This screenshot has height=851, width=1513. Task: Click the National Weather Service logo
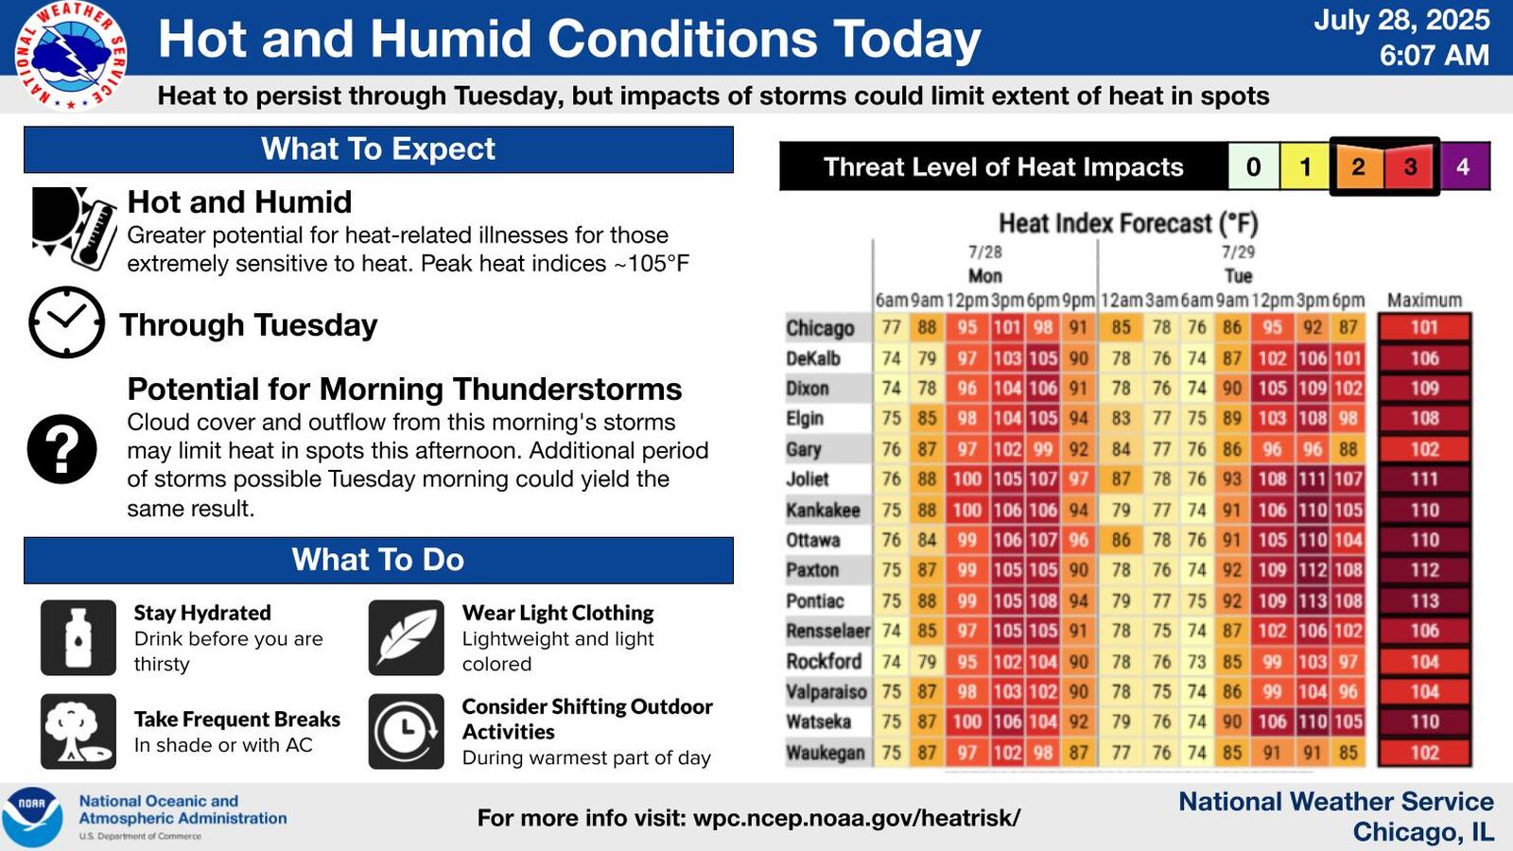click(71, 55)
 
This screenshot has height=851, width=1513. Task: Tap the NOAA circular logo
click(32, 816)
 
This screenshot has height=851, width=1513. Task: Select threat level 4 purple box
click(1463, 167)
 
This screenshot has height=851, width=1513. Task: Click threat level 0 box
click(1253, 167)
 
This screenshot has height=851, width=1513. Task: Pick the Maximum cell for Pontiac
click(1424, 600)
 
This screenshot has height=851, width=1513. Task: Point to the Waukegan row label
click(825, 753)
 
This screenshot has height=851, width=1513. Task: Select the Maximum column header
click(1424, 300)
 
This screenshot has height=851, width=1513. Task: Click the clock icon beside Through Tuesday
click(66, 322)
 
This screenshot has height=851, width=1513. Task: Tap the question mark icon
click(62, 449)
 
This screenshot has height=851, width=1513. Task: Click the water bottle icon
click(78, 637)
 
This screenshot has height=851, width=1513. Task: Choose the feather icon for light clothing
click(407, 637)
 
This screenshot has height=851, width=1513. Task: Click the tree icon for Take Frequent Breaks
click(78, 731)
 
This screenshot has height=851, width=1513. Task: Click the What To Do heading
click(378, 560)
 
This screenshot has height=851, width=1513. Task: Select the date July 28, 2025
click(1400, 20)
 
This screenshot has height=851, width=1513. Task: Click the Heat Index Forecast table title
click(1128, 223)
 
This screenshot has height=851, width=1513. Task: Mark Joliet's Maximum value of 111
click(1424, 479)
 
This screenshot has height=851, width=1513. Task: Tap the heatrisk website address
click(856, 818)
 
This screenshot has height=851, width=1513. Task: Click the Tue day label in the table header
click(1238, 276)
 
